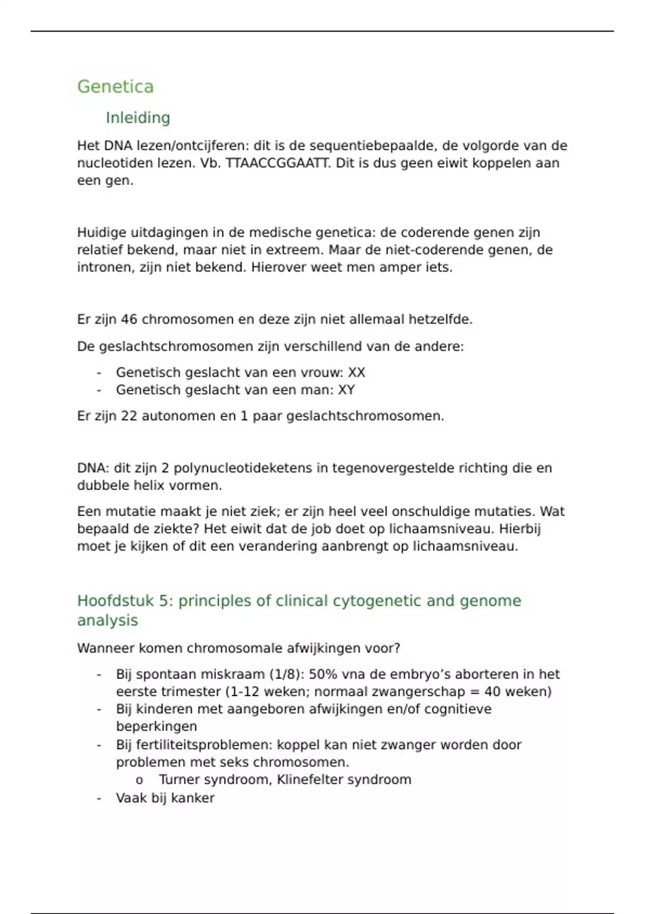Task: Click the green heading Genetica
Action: pyautogui.click(x=115, y=87)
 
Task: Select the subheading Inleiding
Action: pyautogui.click(x=138, y=118)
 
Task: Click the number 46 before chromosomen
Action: pyautogui.click(x=129, y=319)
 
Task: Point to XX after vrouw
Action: pyautogui.click(x=356, y=373)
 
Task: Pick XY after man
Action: pyautogui.click(x=346, y=390)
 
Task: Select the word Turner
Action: pyautogui.click(x=180, y=780)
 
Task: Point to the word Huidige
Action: pyautogui.click(x=97, y=233)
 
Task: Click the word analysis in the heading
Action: pyautogui.click(x=107, y=620)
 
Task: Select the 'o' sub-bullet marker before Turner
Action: pyautogui.click(x=140, y=780)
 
